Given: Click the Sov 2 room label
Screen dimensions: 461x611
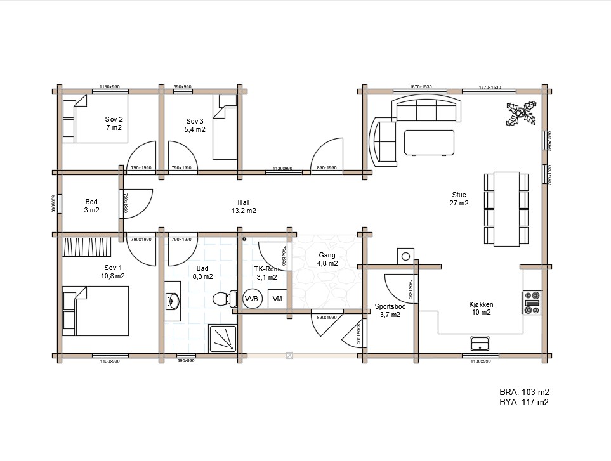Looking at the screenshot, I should click(x=114, y=123).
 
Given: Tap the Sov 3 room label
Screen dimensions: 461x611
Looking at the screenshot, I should click(x=195, y=125).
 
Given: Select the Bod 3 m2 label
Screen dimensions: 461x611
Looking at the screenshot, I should click(x=91, y=206).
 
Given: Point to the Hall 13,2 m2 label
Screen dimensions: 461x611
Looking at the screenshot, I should click(x=243, y=206).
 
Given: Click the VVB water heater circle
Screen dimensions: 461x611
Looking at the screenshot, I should click(x=251, y=298).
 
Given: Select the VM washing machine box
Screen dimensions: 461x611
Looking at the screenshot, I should click(x=277, y=299).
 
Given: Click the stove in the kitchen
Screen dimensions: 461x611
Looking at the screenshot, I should click(x=532, y=302).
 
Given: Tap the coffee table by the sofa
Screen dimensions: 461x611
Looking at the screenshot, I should click(x=430, y=142).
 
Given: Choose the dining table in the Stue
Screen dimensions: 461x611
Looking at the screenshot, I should click(x=506, y=209).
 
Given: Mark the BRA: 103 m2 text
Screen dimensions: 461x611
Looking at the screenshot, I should click(x=523, y=391).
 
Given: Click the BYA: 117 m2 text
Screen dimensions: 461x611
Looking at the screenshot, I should click(x=523, y=402).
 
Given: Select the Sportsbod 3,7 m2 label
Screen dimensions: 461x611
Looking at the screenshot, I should click(x=390, y=310).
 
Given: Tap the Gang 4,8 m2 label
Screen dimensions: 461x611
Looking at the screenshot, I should click(x=327, y=259).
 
